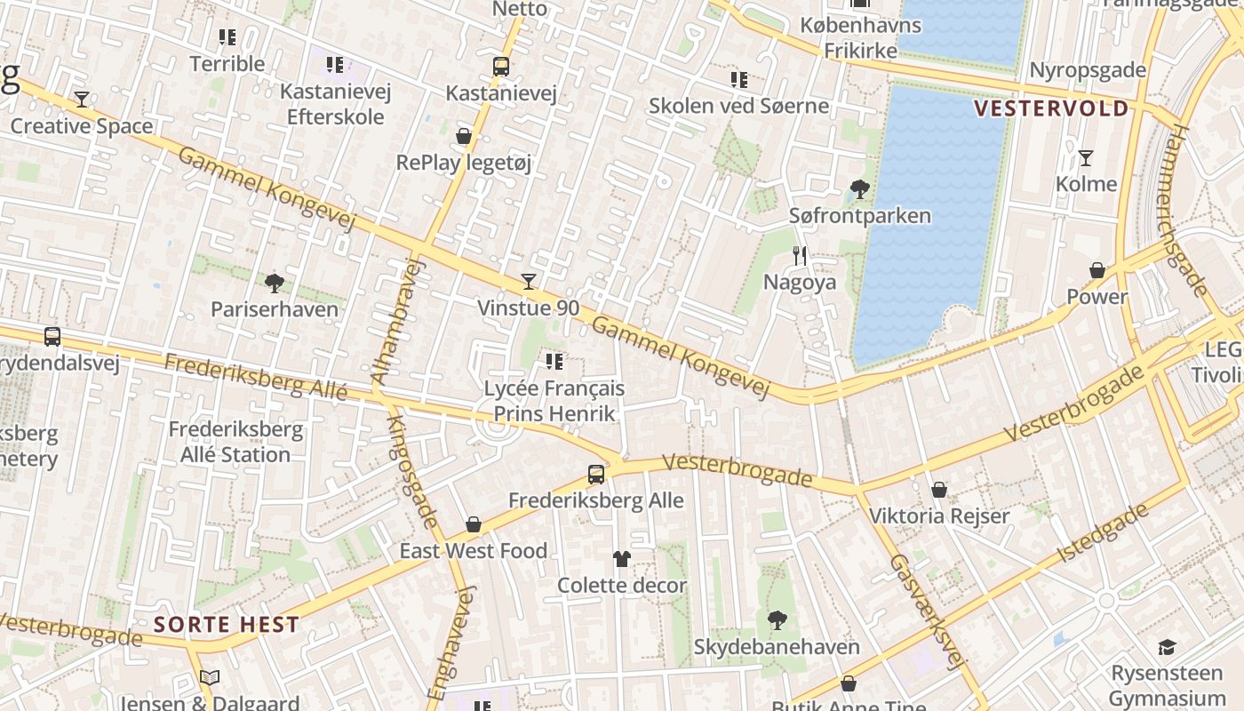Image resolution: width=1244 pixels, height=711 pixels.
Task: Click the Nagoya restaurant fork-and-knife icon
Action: (x=800, y=256)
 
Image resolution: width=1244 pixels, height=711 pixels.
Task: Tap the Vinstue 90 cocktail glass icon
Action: (x=529, y=282)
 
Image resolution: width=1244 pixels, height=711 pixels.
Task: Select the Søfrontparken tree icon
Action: (x=859, y=188)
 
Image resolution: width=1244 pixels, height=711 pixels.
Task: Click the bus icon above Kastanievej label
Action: (x=501, y=67)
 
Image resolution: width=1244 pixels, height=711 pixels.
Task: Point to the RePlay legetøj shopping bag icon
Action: (x=463, y=136)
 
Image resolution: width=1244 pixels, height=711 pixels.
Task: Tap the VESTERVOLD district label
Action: (x=1051, y=108)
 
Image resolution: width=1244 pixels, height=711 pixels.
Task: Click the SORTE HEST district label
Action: (x=226, y=624)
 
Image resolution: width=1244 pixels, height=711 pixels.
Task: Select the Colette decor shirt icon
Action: (x=621, y=559)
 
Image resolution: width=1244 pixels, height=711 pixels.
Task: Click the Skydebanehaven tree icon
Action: (x=777, y=619)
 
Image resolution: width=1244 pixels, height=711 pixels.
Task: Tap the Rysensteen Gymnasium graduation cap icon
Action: (x=1167, y=648)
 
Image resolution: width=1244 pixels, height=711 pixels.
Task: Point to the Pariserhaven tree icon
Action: (x=275, y=283)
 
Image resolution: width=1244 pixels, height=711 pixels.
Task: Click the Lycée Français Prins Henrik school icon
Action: (x=554, y=362)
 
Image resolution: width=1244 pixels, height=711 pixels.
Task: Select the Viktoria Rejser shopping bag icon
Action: (x=939, y=490)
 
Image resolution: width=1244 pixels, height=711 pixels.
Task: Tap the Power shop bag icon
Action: (x=1097, y=270)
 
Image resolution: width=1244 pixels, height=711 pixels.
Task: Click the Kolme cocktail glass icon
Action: (x=1085, y=158)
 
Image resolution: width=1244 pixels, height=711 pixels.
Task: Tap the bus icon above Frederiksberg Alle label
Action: (x=596, y=474)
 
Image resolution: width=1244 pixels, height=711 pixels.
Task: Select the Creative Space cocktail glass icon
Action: (x=82, y=99)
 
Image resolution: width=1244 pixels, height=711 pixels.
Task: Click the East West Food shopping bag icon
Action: (x=474, y=524)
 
